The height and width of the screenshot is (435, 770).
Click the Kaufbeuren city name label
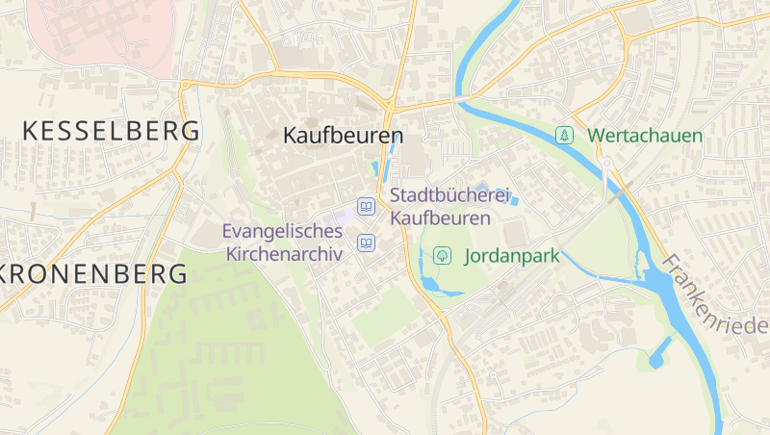click(343, 137)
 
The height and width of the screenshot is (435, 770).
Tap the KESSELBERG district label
click(111, 131)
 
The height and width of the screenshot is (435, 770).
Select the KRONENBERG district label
click(93, 274)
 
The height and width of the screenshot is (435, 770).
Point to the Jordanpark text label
click(512, 256)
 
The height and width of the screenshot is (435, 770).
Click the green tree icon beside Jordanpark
click(443, 256)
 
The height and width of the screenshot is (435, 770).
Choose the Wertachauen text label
click(645, 136)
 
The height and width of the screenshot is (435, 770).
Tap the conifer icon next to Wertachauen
click(566, 136)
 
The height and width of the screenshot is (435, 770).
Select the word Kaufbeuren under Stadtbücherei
click(440, 218)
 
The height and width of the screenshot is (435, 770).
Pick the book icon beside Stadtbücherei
click(366, 207)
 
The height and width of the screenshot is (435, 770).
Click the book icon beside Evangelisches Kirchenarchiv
click(366, 243)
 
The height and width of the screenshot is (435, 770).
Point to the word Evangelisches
click(282, 232)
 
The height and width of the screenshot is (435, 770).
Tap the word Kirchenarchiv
click(285, 254)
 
